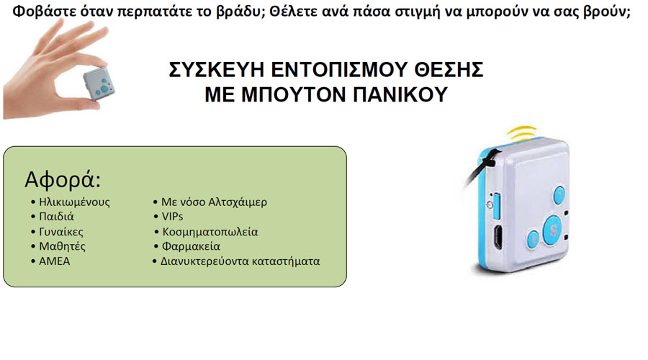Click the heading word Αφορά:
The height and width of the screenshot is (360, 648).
click(63, 180)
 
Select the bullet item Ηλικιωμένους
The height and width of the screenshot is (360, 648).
click(74, 202)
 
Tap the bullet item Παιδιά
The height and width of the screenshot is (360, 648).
click(56, 217)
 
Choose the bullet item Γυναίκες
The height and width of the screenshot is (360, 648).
click(61, 231)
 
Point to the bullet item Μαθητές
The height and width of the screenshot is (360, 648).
click(63, 246)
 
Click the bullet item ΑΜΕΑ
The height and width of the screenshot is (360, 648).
click(55, 261)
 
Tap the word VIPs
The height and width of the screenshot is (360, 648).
click(172, 217)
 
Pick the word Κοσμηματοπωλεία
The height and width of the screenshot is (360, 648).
click(210, 232)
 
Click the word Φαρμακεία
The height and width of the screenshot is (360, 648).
click(191, 246)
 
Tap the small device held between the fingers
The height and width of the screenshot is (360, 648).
click(99, 84)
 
